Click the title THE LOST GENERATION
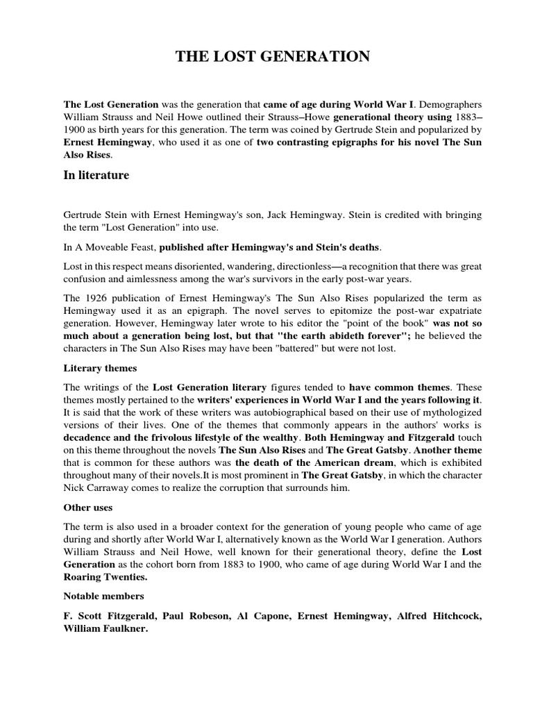272,57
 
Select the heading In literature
96,176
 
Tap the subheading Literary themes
100,368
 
